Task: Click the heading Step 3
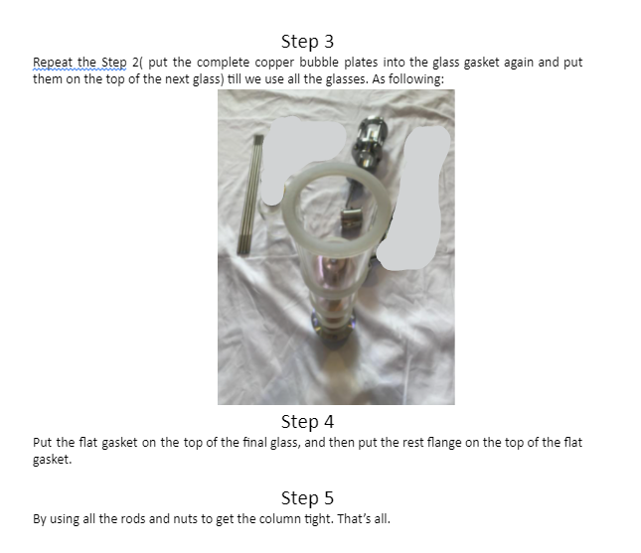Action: [x=307, y=42]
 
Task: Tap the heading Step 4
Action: [x=307, y=422]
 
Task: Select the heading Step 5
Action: [x=307, y=497]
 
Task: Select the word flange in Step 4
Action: [x=444, y=443]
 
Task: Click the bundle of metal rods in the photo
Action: [x=250, y=196]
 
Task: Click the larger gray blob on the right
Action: [x=412, y=199]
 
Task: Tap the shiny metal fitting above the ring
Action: [x=370, y=141]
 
